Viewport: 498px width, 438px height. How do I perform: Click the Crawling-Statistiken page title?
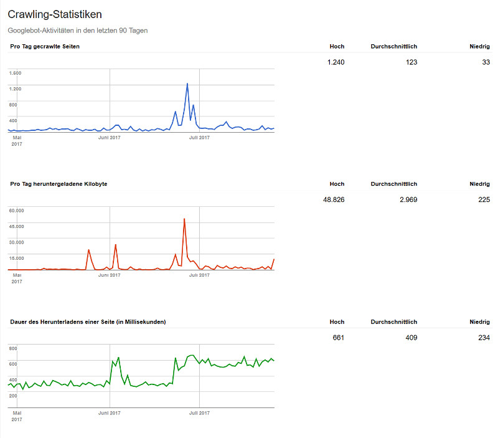(55, 14)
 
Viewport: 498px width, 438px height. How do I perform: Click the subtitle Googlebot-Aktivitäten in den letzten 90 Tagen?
(78, 30)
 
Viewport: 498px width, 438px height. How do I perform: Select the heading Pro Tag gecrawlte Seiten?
(45, 46)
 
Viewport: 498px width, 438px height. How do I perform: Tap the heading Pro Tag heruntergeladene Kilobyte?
(59, 184)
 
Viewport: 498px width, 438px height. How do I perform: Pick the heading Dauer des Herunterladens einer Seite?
(88, 321)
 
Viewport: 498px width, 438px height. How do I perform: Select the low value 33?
(486, 62)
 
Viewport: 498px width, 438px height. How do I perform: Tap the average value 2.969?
(408, 199)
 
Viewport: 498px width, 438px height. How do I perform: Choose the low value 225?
(484, 199)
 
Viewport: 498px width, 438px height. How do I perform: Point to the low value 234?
(484, 338)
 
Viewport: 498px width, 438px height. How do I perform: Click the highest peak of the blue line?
(187, 83)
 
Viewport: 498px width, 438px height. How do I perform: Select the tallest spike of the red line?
(184, 219)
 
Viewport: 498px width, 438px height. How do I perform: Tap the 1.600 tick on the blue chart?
(16, 73)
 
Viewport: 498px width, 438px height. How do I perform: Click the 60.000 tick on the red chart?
(16, 211)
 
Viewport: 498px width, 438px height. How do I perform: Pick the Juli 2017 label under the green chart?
(199, 412)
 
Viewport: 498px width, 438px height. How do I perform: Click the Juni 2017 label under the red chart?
(110, 275)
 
